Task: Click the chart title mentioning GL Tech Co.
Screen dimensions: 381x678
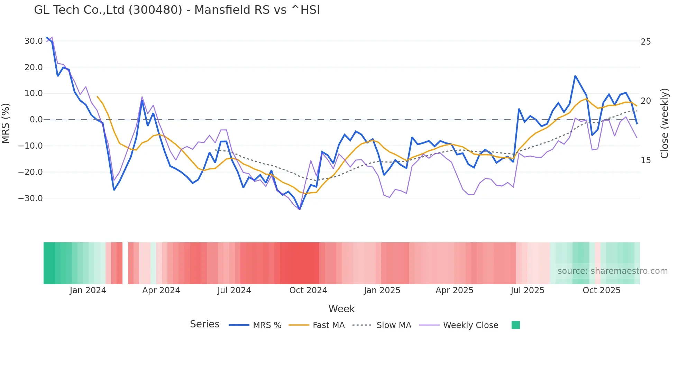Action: pos(177,10)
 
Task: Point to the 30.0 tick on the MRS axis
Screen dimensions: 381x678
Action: pos(33,41)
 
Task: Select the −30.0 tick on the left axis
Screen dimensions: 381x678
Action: pos(30,198)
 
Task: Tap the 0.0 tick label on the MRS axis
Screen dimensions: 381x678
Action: pos(36,120)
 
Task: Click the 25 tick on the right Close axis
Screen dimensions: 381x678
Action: pos(645,42)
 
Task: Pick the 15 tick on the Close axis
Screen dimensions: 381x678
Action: pos(645,160)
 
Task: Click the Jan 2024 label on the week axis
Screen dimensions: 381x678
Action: pos(88,290)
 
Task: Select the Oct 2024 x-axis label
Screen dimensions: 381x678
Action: pos(308,290)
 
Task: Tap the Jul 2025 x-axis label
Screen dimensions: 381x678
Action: pos(528,290)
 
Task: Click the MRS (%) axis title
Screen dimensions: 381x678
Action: pos(6,123)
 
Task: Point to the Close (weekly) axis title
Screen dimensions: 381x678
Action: pos(665,123)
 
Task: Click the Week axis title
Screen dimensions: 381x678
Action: pos(341,309)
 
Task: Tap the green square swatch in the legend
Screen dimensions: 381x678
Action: pos(515,325)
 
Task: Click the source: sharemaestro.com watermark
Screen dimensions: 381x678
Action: pos(612,271)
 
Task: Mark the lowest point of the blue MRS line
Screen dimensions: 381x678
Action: pos(300,209)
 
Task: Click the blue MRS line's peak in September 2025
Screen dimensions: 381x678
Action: pos(575,76)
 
